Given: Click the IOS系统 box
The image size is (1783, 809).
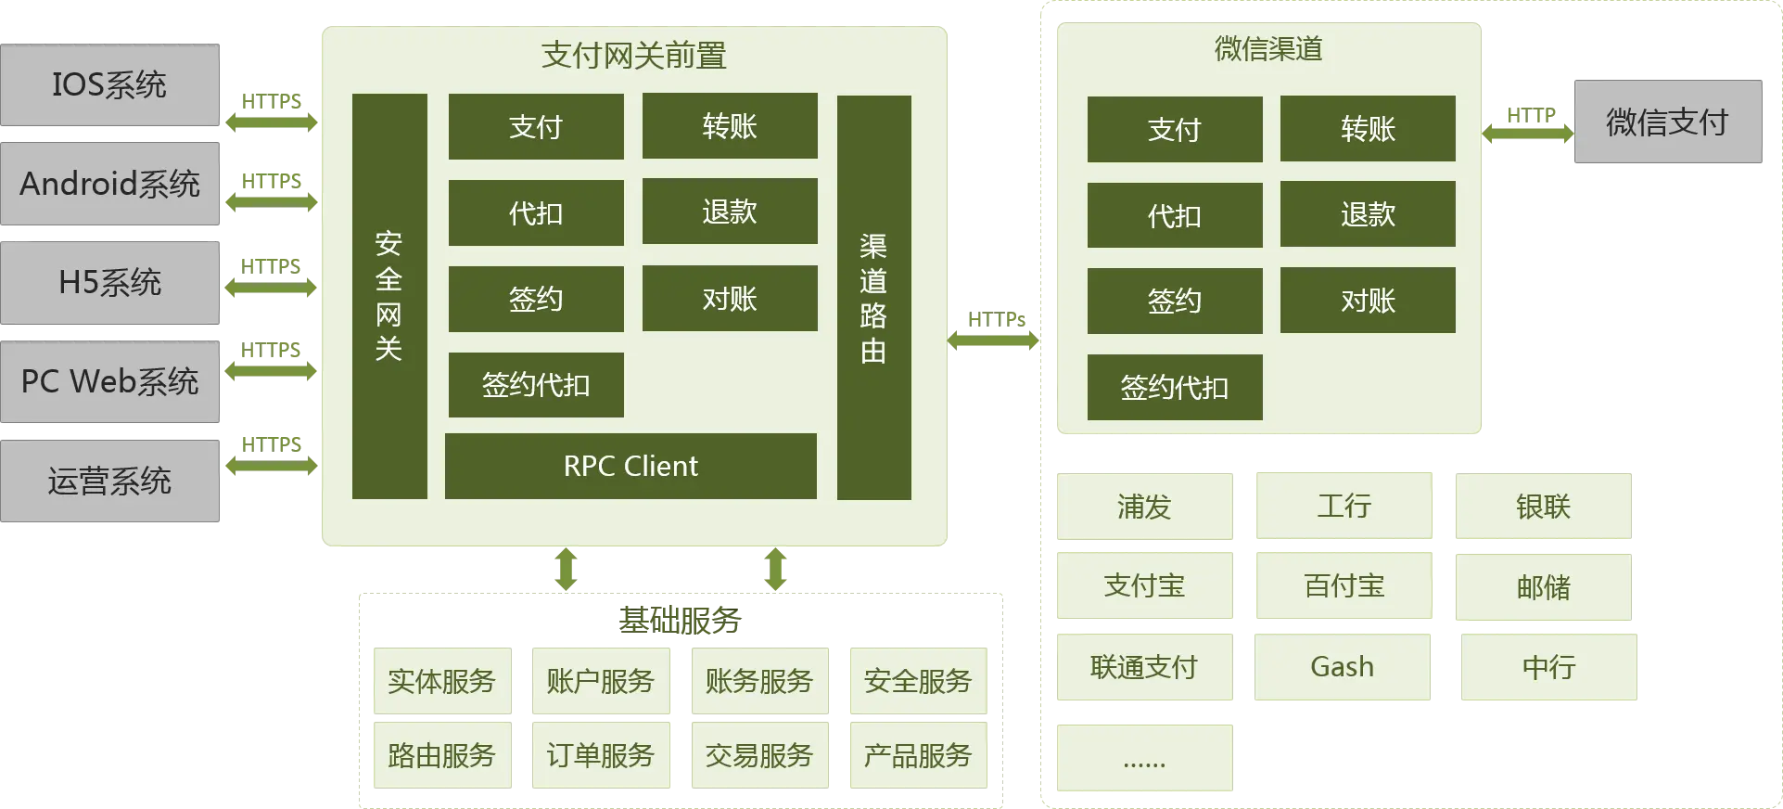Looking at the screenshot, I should [x=110, y=83].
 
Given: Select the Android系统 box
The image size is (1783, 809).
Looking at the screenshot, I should [x=110, y=184].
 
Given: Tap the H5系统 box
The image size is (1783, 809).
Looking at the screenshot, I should [x=110, y=282].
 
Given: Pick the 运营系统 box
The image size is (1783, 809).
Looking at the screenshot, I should [x=110, y=482].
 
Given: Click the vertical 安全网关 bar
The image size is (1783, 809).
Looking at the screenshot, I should [x=389, y=296].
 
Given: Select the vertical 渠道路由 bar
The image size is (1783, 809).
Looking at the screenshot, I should [x=873, y=297].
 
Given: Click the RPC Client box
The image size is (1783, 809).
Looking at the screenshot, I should [x=630, y=466].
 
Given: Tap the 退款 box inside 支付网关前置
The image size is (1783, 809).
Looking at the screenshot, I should [x=730, y=212].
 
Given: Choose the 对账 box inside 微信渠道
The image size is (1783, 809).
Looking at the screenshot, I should [x=1368, y=301].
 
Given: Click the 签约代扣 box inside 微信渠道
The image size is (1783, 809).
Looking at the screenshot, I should [x=1175, y=387].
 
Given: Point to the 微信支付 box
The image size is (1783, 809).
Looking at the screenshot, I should [x=1668, y=121].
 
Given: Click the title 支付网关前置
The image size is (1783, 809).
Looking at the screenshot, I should [x=634, y=56].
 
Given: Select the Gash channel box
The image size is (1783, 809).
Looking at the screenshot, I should [x=1342, y=667].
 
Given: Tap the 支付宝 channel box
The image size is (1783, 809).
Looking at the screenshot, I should [x=1145, y=586].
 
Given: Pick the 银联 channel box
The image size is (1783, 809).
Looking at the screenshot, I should [x=1543, y=507].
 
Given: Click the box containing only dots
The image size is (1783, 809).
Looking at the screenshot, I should [x=1145, y=759].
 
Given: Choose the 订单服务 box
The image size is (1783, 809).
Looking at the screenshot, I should [x=600, y=755].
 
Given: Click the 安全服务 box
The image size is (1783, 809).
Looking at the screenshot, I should [x=918, y=682].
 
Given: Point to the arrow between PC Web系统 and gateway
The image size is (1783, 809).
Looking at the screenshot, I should [x=271, y=371].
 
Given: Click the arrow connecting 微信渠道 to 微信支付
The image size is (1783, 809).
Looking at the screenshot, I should [x=1528, y=133].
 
